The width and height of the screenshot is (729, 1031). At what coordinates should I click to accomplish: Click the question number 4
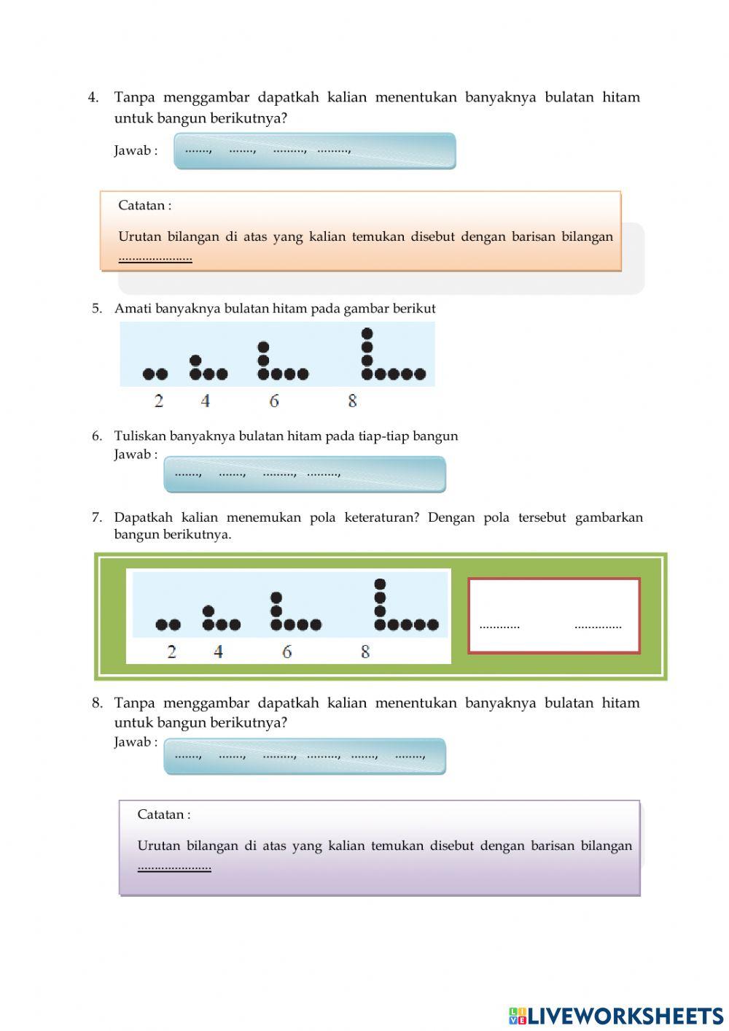(93, 98)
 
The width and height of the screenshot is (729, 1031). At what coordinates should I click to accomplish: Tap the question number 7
(96, 517)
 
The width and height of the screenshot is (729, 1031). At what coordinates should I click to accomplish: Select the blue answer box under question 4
(314, 151)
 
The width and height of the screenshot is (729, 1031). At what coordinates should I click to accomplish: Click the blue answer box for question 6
(304, 474)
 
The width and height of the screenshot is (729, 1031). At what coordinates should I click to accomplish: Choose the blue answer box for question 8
(304, 756)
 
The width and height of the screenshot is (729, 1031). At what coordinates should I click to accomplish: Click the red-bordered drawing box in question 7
(553, 616)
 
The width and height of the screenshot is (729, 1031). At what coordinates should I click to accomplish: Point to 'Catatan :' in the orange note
(144, 206)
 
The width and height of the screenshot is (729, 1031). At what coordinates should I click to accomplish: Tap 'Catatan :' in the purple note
(163, 815)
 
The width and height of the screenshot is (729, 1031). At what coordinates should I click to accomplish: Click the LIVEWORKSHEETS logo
(616, 1015)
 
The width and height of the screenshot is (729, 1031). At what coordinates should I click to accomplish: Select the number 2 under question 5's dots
(159, 401)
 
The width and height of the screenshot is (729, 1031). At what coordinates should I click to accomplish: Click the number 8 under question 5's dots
(352, 401)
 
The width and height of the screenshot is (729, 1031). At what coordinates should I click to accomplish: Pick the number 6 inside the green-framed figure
(286, 652)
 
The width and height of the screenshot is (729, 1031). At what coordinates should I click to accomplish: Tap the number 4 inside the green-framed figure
(218, 652)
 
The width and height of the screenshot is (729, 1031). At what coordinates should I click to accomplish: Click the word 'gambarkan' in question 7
(609, 517)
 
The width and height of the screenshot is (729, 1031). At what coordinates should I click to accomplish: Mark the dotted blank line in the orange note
(155, 258)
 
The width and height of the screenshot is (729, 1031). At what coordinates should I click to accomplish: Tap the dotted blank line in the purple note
(174, 868)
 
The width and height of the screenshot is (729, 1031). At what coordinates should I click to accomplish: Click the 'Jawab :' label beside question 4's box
(136, 151)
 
